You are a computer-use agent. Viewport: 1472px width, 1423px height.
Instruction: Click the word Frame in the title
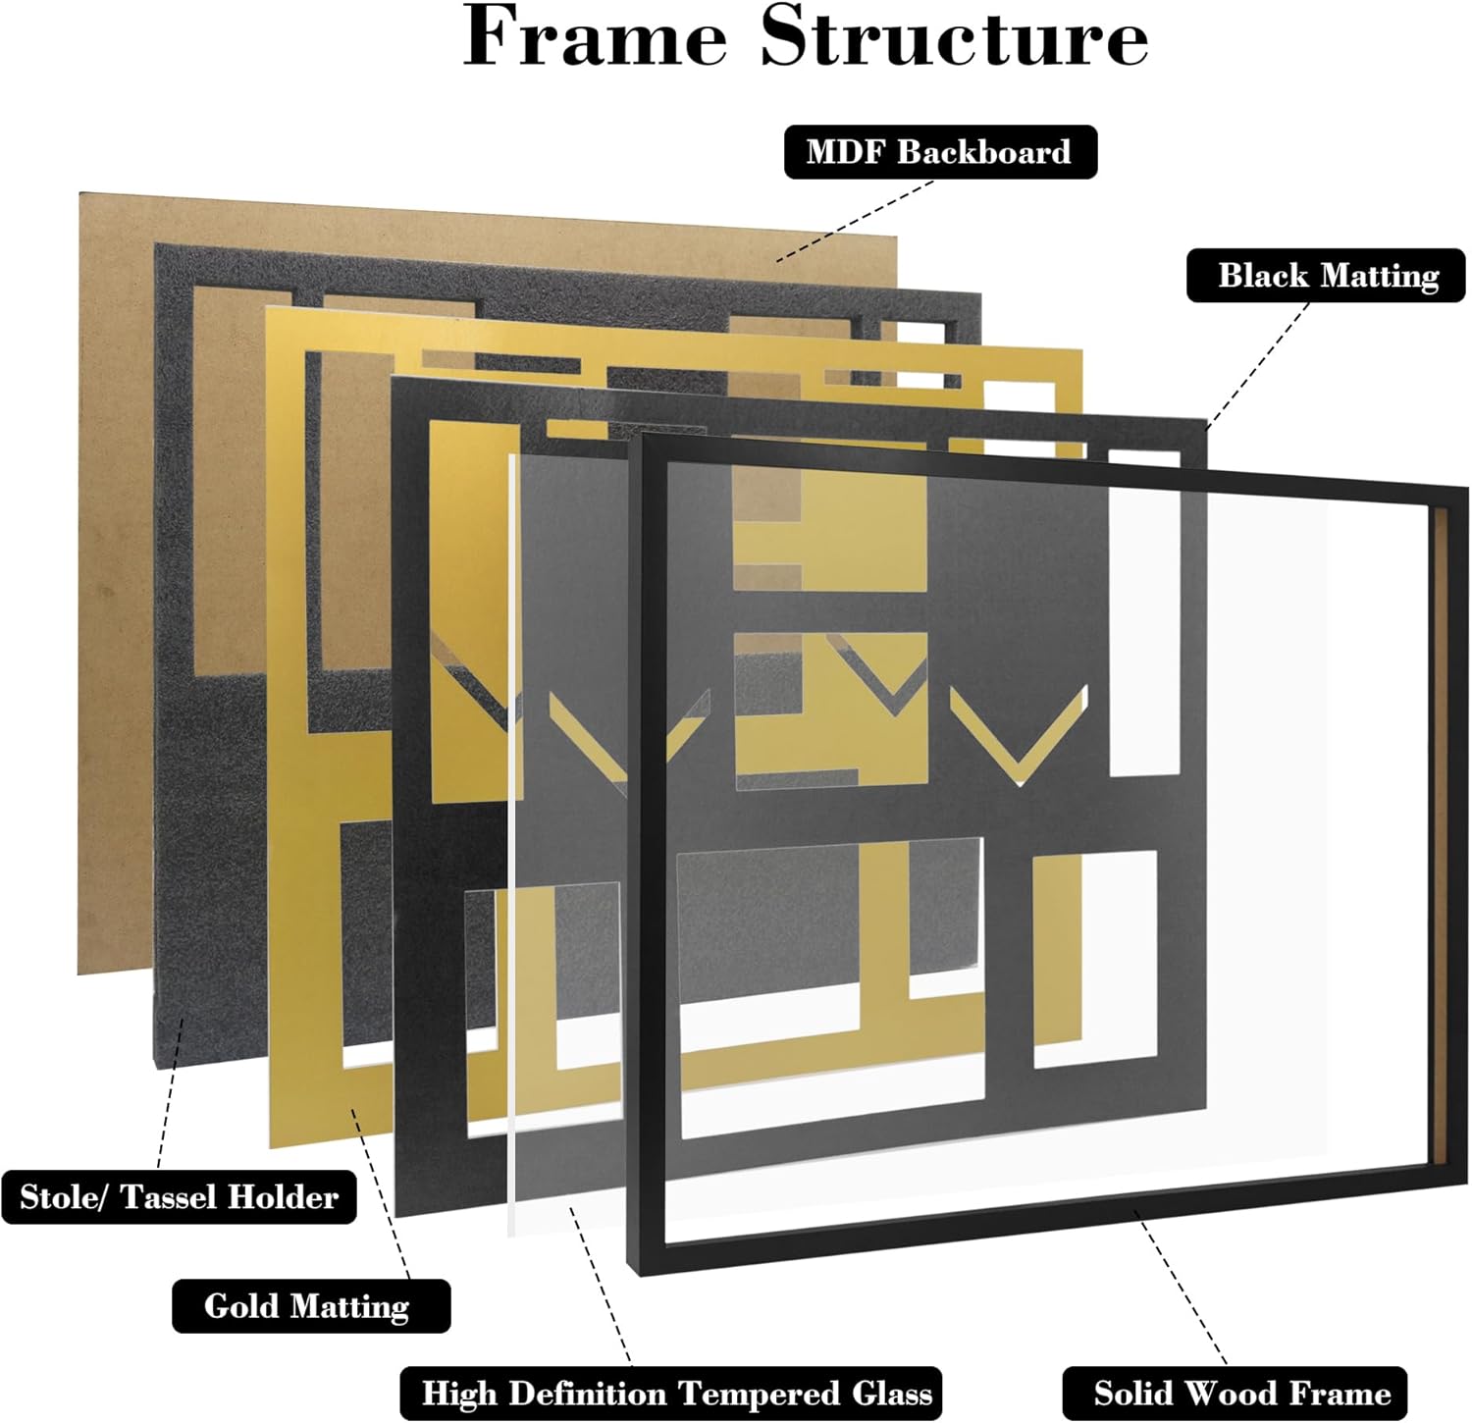pos(595,37)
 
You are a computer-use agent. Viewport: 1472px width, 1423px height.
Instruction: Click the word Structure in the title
pos(954,37)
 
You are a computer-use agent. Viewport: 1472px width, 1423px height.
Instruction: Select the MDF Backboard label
pos(939,152)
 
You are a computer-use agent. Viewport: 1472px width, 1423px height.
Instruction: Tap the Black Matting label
pos(1327,276)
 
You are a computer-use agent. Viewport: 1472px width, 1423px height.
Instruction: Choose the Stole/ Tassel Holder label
pos(179,1197)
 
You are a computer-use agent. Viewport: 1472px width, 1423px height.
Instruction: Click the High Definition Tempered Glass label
pos(676,1394)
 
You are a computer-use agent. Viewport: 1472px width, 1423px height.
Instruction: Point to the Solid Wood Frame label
pos(1241,1394)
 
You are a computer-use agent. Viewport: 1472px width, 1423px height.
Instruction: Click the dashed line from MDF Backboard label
pos(854,220)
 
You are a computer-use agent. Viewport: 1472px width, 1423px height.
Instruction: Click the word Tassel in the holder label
pos(173,1197)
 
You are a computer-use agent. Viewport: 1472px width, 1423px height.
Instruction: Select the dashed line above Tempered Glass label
pos(601,1286)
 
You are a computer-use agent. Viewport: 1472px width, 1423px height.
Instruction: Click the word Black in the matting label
pos(1263,276)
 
